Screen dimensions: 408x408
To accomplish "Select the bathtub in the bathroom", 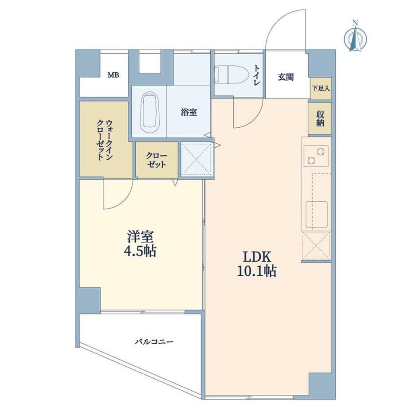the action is coord(150,113).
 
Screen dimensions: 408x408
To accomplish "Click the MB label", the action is coord(114,75).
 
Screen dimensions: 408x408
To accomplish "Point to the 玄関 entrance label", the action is coord(286,77).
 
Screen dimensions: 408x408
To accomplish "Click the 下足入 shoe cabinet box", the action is coord(321,88).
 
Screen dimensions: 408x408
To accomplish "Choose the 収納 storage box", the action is coord(320,118).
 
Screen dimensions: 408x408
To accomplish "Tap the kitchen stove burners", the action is coord(316,156).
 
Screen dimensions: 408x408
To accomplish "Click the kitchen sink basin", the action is coord(316,214).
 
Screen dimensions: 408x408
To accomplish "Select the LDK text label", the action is coord(257,257).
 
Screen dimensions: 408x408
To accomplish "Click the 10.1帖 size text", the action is coord(257,271).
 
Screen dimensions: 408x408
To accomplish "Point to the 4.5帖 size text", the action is coord(140,251).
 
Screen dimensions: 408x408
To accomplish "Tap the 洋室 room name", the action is coord(140,236).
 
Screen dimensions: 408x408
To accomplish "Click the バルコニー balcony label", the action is coord(154,341).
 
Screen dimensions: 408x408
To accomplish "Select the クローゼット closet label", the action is coord(156,160).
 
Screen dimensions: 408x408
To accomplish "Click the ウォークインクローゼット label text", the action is coord(105,140).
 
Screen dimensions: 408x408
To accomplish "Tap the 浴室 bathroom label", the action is coord(189,112).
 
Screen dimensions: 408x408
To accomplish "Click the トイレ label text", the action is coord(257,75).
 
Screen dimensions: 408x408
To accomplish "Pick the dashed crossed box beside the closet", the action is coord(196,159).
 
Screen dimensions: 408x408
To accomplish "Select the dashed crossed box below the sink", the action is coord(316,245).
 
